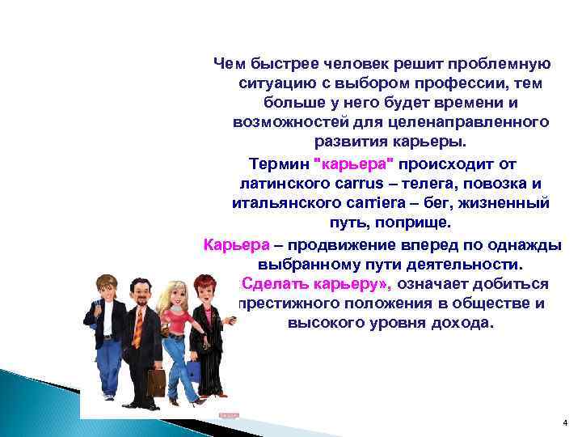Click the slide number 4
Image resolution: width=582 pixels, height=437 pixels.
(564, 424)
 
